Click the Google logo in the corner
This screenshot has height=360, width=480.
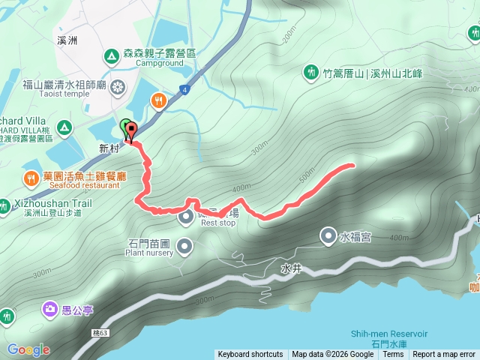(x=28, y=349)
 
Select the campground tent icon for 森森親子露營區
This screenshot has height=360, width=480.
(x=111, y=55)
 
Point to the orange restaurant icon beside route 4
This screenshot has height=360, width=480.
(x=158, y=100)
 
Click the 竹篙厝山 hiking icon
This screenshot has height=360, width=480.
(x=311, y=72)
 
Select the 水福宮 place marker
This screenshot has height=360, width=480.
(x=328, y=236)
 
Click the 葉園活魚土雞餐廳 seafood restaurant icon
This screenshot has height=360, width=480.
(x=30, y=178)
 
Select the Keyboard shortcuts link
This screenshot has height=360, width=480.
(x=250, y=355)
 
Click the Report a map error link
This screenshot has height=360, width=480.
(x=444, y=355)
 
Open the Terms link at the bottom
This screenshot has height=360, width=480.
(x=393, y=355)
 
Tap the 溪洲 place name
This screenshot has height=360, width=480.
(x=68, y=40)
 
